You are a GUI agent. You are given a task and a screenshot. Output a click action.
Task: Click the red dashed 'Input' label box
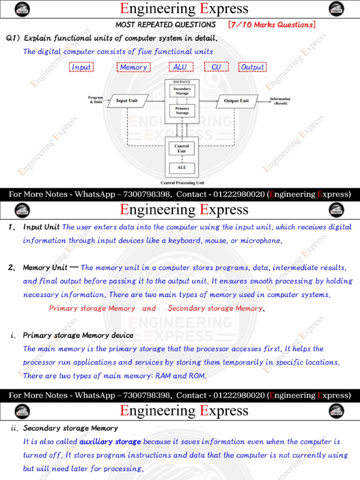pos(82,67)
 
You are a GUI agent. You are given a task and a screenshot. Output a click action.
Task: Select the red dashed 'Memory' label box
pos(134,67)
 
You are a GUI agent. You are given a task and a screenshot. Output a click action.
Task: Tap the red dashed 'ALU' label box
pos(180,67)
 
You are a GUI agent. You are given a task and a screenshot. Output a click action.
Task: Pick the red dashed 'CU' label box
pos(216,67)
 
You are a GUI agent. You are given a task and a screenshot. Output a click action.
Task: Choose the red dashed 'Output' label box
pos(253,67)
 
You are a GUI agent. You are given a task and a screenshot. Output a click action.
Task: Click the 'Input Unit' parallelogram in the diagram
pos(127,101)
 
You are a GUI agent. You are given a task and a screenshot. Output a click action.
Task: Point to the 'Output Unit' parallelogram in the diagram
pos(237,101)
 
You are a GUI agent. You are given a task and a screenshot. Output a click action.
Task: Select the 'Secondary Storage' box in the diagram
pos(182,91)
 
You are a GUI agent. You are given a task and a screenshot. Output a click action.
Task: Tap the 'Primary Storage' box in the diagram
pos(182,111)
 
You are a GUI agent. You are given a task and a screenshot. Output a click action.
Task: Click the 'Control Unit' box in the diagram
pos(182,149)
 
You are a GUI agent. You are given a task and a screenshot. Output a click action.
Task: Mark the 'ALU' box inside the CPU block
pos(182,167)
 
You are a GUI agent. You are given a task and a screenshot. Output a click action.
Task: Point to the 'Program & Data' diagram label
pos(96,100)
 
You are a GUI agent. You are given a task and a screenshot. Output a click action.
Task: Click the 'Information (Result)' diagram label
pos(280,101)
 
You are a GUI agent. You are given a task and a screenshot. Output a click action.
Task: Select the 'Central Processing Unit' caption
pos(182,183)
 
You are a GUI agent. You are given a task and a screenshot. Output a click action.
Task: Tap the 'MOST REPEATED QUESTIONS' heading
pos(165,25)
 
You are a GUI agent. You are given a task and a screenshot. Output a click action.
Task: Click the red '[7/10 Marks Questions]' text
pos(271,25)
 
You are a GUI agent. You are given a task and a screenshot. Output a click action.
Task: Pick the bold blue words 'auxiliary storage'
pos(110,442)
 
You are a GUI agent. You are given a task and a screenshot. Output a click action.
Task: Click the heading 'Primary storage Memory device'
pos(78,335)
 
